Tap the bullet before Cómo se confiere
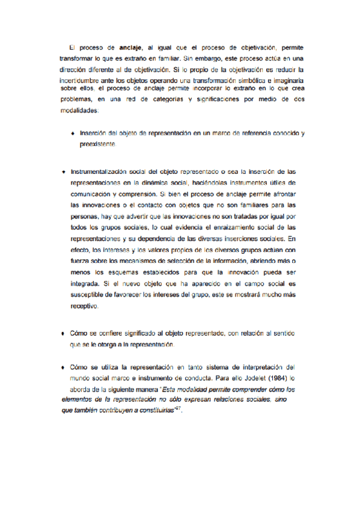click(x=63, y=333)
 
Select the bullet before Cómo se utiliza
click(x=63, y=367)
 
